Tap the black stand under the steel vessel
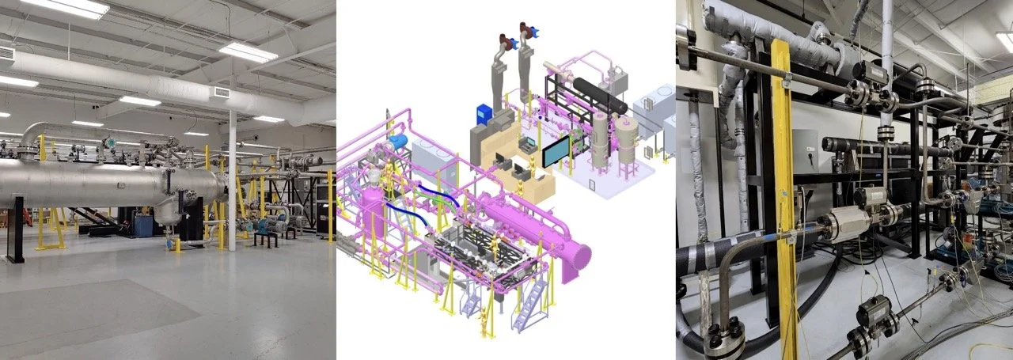click(16, 229)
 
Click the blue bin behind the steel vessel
click(144, 225)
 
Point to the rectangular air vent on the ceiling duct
click(221, 93)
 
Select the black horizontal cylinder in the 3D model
click(599, 96)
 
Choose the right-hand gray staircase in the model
click(525, 305)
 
